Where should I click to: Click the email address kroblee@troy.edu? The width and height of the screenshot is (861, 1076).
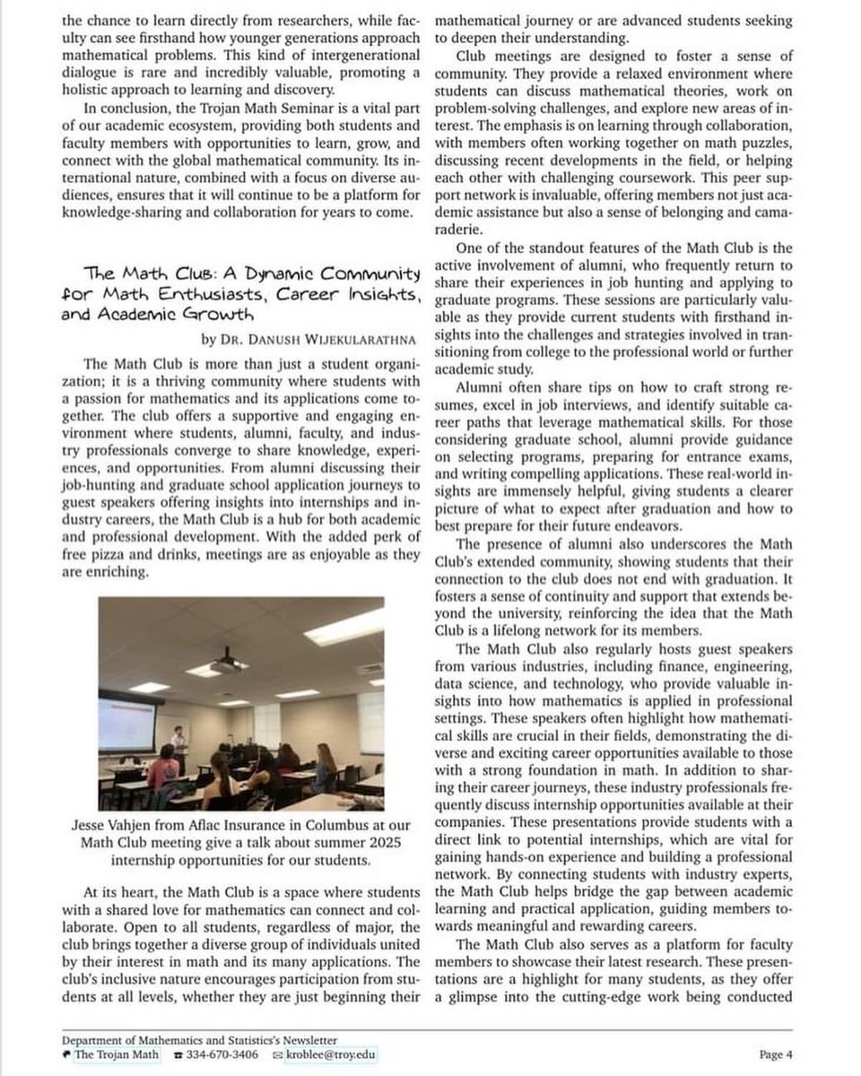pyautogui.click(x=332, y=1054)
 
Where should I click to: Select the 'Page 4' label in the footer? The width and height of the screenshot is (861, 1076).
pyautogui.click(x=776, y=1054)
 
